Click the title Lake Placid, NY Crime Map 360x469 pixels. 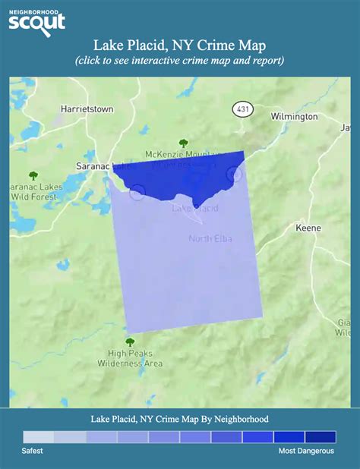(179, 46)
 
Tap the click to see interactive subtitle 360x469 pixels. (179, 61)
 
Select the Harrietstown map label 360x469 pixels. (87, 109)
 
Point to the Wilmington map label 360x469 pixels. (293, 117)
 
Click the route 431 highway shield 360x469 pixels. (242, 110)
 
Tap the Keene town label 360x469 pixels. (309, 228)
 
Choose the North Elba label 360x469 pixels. (210, 240)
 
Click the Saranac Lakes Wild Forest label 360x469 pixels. (30, 192)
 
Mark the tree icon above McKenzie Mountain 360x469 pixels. (182, 142)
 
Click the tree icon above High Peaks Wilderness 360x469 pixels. (130, 342)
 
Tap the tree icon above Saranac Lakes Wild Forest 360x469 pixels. (32, 175)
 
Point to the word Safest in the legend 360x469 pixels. (33, 451)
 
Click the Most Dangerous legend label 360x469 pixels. (305, 451)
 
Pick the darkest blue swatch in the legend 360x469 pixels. (320, 436)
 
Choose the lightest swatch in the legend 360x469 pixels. (38, 436)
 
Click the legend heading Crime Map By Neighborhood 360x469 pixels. (179, 418)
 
